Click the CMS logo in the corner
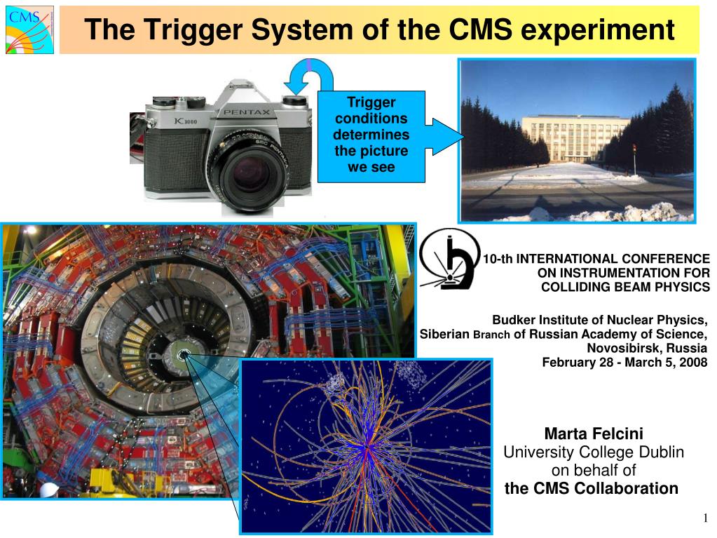coord(29,28)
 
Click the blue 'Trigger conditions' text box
coord(371,136)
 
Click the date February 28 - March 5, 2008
coord(624,362)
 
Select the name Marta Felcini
coord(594,433)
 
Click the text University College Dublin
coord(594,452)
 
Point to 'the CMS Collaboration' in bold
coord(592,488)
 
